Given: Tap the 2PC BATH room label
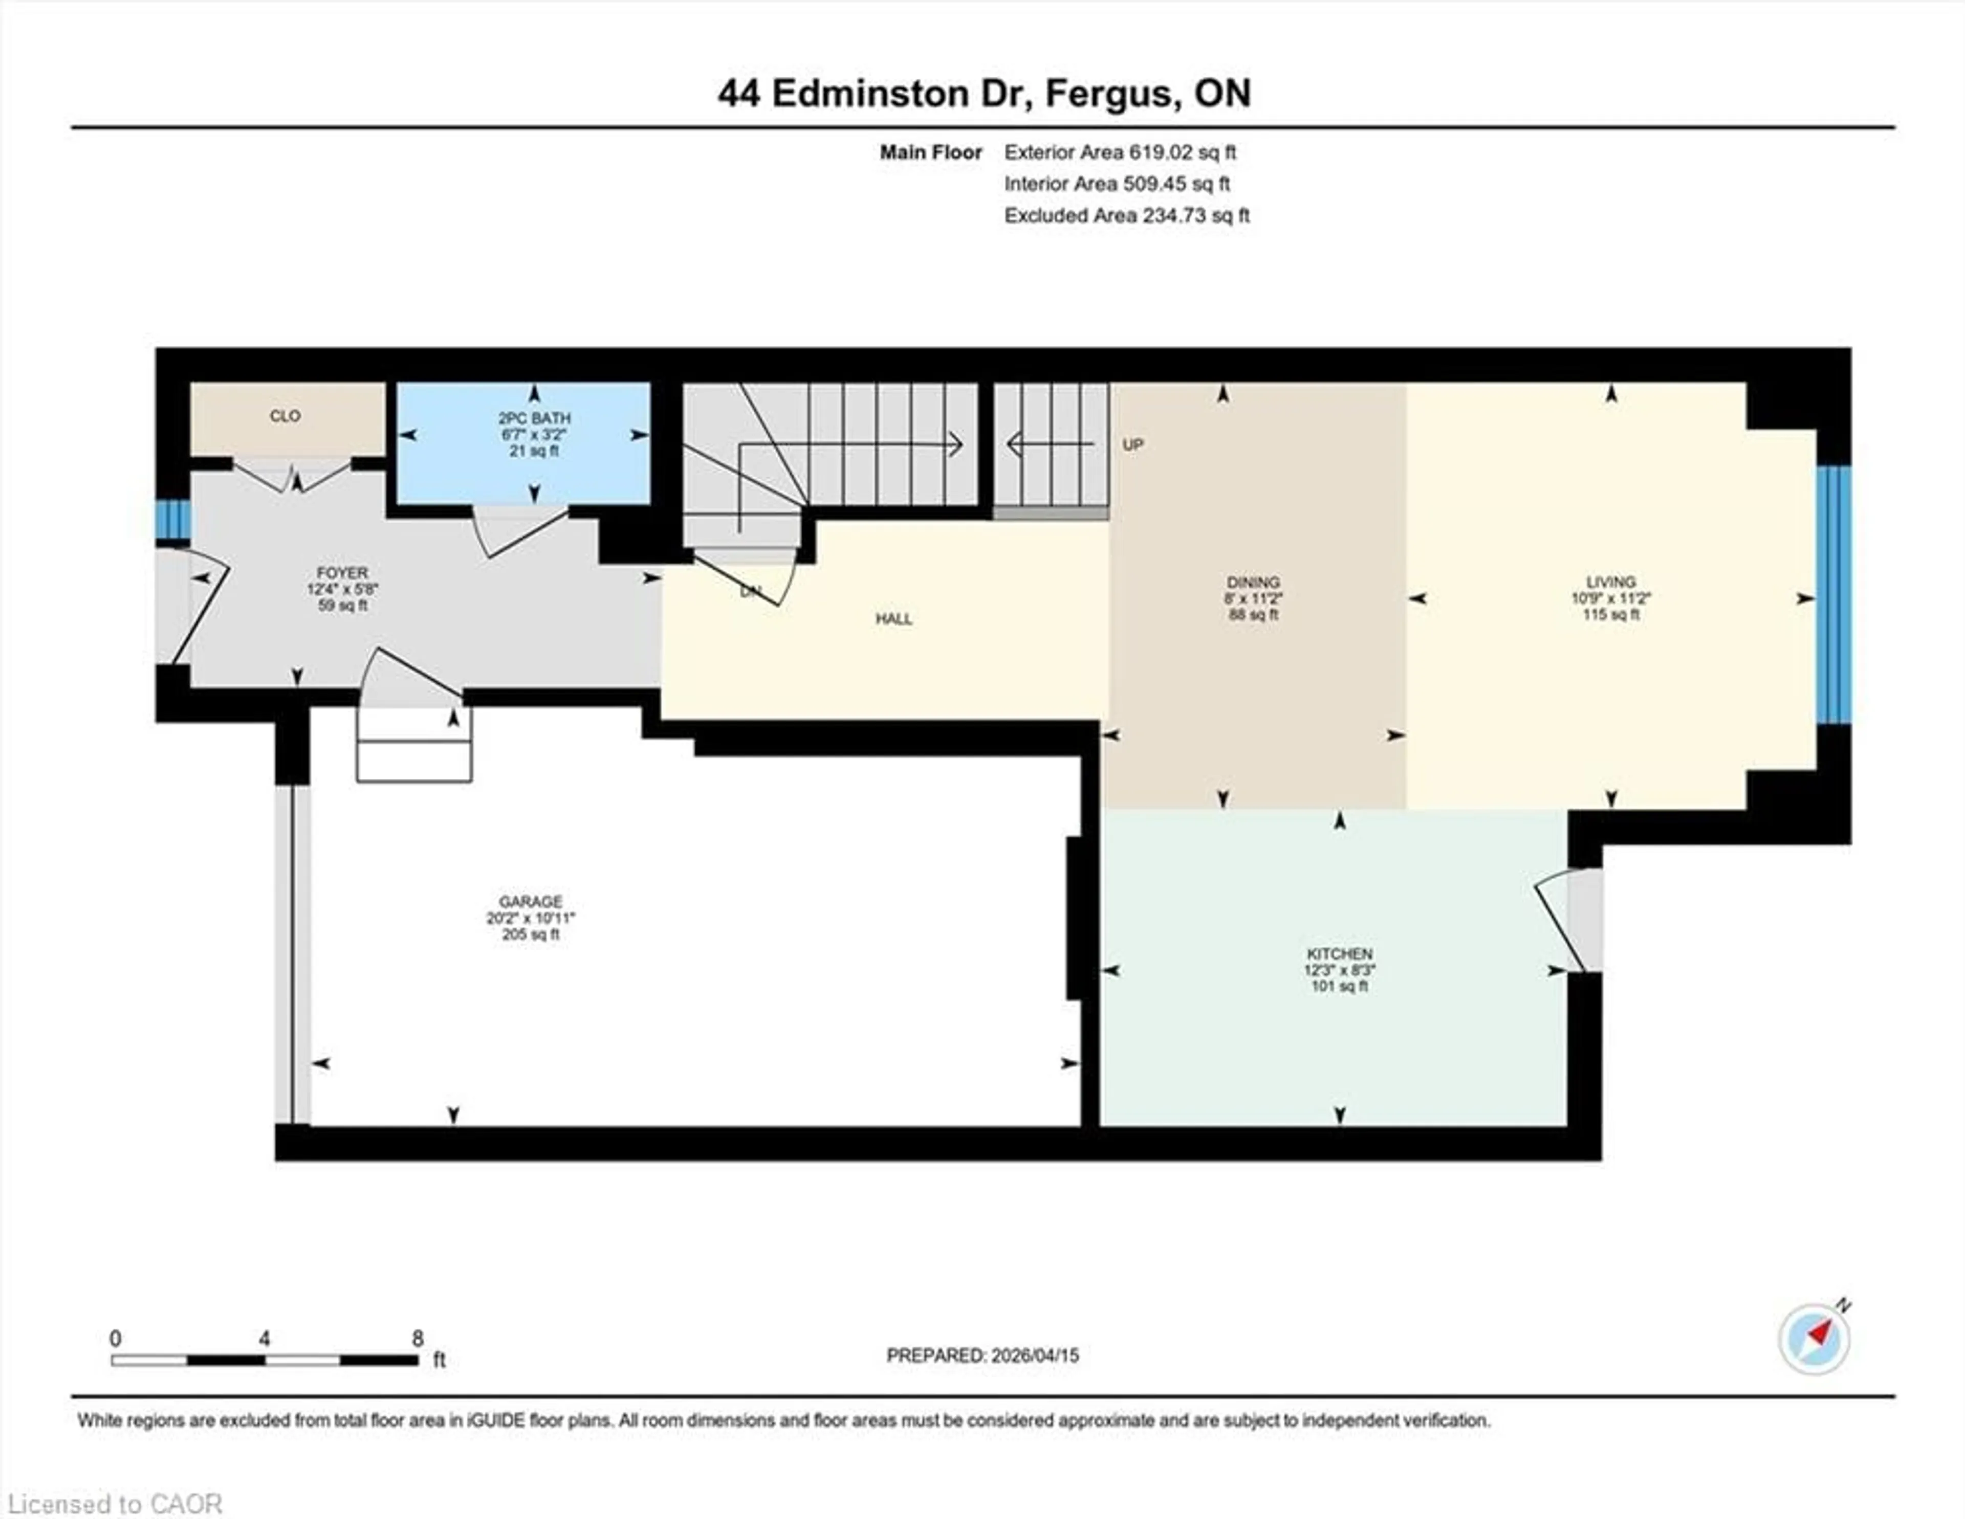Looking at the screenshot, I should point(534,418).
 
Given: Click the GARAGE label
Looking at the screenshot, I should point(531,901).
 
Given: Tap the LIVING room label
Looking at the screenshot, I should point(1610,582).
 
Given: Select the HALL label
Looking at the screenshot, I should point(893,619).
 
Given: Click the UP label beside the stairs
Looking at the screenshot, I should point(1133,444).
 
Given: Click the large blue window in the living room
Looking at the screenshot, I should point(1833,594).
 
